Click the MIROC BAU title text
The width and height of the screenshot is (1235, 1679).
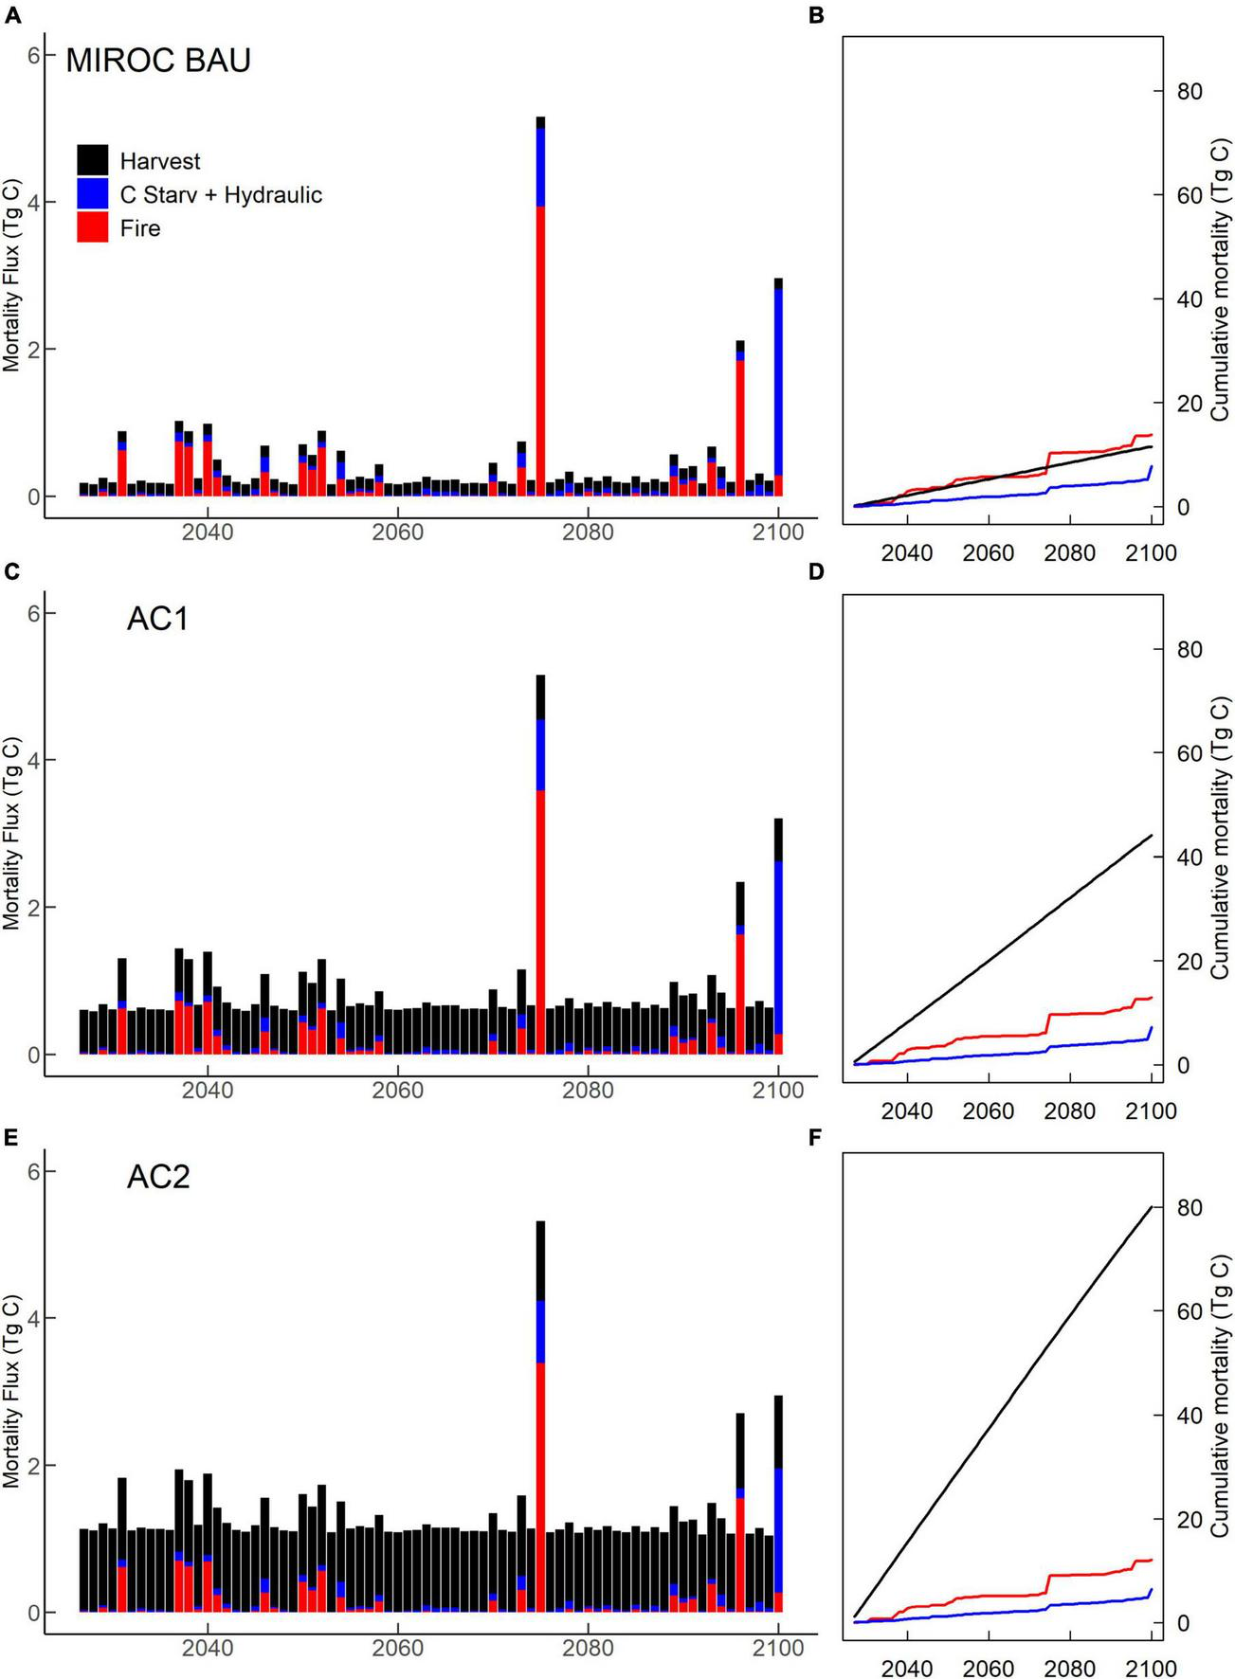[158, 61]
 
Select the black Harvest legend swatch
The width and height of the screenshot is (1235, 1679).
[92, 160]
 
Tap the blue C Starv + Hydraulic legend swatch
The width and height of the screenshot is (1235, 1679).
[92, 194]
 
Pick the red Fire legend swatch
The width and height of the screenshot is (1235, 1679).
[92, 227]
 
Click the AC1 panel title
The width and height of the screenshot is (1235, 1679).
[158, 619]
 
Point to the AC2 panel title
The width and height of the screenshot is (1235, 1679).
[158, 1177]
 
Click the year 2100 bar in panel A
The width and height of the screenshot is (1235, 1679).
[778, 388]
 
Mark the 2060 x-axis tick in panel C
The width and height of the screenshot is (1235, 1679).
[398, 1090]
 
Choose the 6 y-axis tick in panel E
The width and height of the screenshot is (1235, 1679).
[34, 1172]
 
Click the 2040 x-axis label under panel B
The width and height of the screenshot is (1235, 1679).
[907, 553]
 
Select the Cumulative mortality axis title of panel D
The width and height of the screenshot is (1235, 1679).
[1221, 839]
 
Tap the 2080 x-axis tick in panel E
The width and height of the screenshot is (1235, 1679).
[588, 1648]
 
